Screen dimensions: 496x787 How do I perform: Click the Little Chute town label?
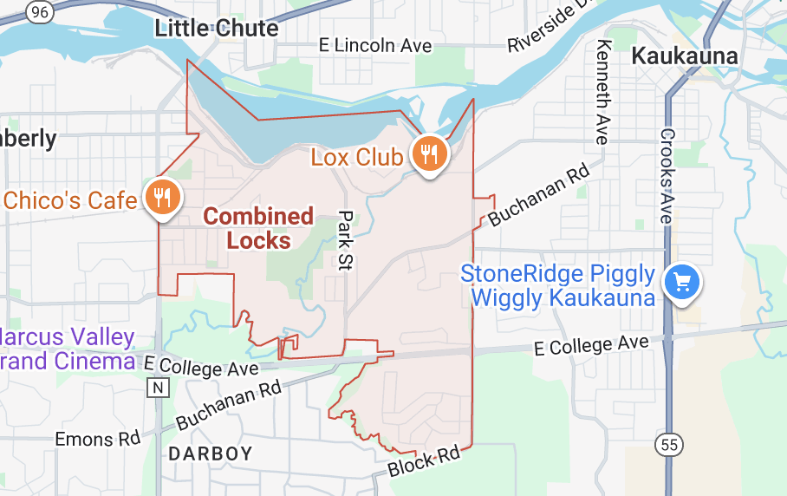(x=217, y=28)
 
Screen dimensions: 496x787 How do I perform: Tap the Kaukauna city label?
(x=685, y=56)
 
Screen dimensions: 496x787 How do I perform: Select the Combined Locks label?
(x=258, y=228)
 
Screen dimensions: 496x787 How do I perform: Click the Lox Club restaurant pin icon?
(x=428, y=153)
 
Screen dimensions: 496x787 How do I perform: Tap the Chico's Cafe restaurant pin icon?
(x=161, y=196)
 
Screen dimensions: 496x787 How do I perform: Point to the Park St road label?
(x=347, y=240)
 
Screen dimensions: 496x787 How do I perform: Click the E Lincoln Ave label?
(x=375, y=45)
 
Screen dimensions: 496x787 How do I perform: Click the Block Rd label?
(x=424, y=460)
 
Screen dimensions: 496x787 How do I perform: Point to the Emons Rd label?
(x=97, y=439)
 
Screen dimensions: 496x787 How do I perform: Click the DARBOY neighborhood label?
(x=211, y=454)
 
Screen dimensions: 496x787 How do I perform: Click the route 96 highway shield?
(x=39, y=10)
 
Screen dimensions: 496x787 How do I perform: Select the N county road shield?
(x=157, y=388)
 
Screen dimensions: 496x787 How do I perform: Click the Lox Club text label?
(x=356, y=157)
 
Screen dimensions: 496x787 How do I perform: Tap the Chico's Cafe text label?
(x=70, y=200)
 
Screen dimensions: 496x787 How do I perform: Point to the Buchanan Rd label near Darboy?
(x=229, y=404)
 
